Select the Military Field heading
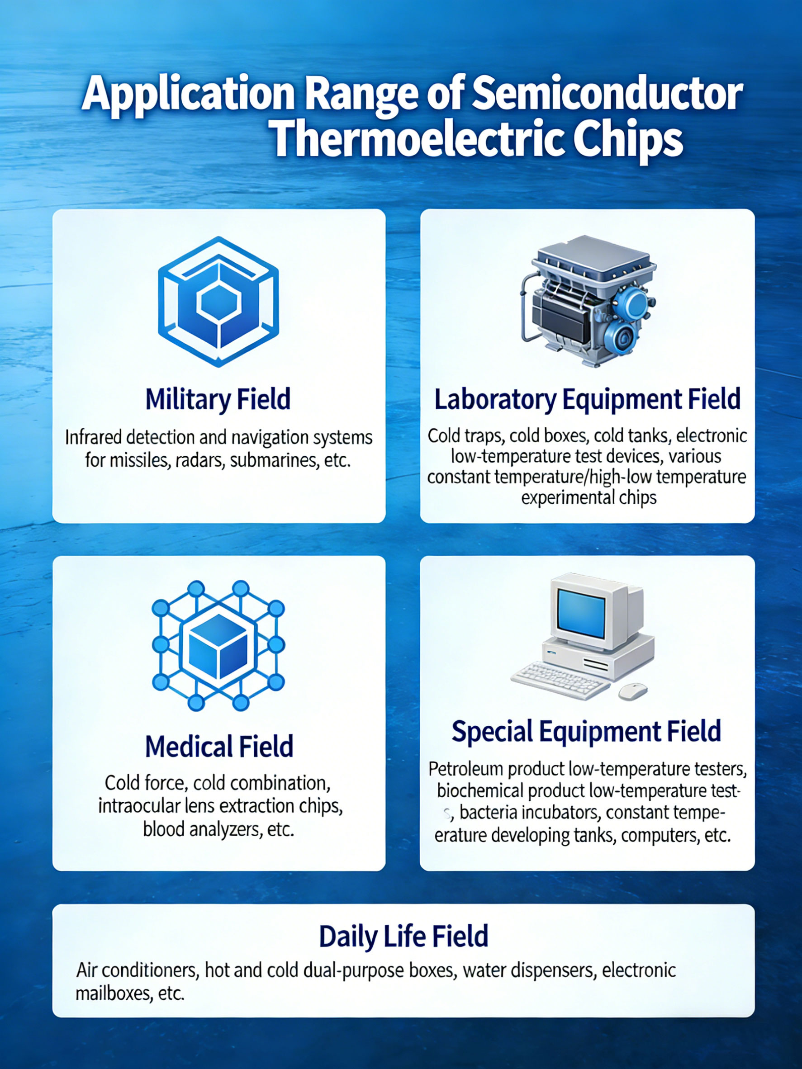coord(218,399)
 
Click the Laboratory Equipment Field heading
coord(587,399)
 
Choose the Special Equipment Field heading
coord(586,731)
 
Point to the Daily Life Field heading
coord(403,936)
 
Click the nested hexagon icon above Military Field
coord(218,302)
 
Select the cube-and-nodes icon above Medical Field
coord(218,646)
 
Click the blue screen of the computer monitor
coord(581,614)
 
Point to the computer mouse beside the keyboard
coord(633,691)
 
